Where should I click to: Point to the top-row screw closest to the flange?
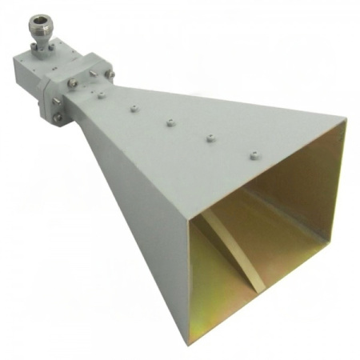click(102, 95)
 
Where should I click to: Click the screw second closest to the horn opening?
click(209, 138)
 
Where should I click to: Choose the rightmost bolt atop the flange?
click(94, 75)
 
